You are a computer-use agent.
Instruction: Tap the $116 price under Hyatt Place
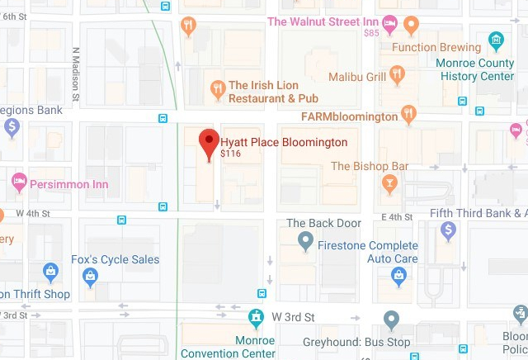230,154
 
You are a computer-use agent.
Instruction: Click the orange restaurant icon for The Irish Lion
217,89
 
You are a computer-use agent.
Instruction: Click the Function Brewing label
436,47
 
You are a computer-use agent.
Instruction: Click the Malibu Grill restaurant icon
398,76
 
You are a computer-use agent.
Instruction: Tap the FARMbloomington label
349,117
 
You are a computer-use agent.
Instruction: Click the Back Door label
323,224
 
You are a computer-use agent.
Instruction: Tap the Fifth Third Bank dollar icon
448,230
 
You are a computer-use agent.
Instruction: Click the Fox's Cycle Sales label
114,259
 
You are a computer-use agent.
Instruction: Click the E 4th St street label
397,216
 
